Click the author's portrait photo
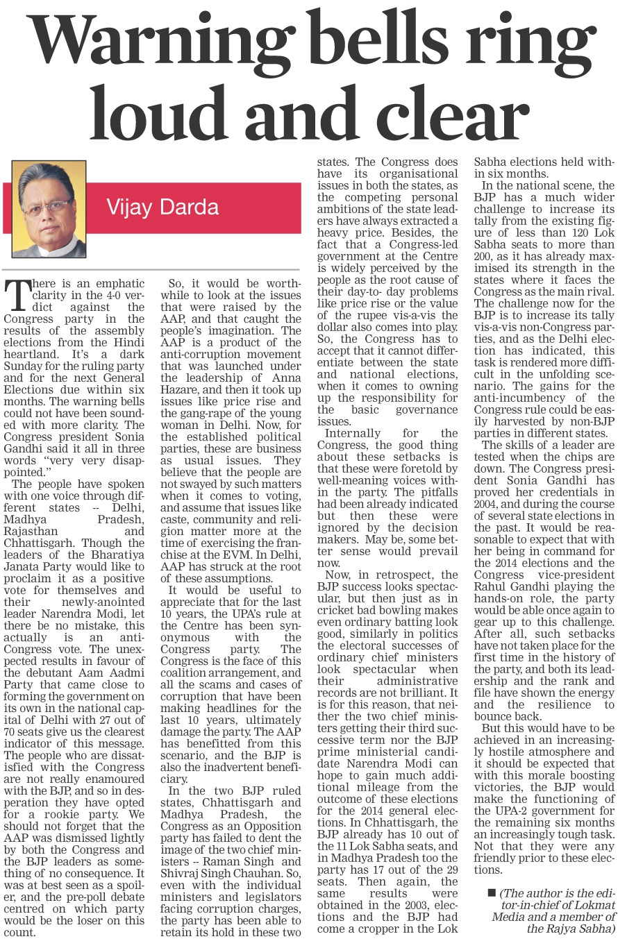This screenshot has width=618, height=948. (48, 208)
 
